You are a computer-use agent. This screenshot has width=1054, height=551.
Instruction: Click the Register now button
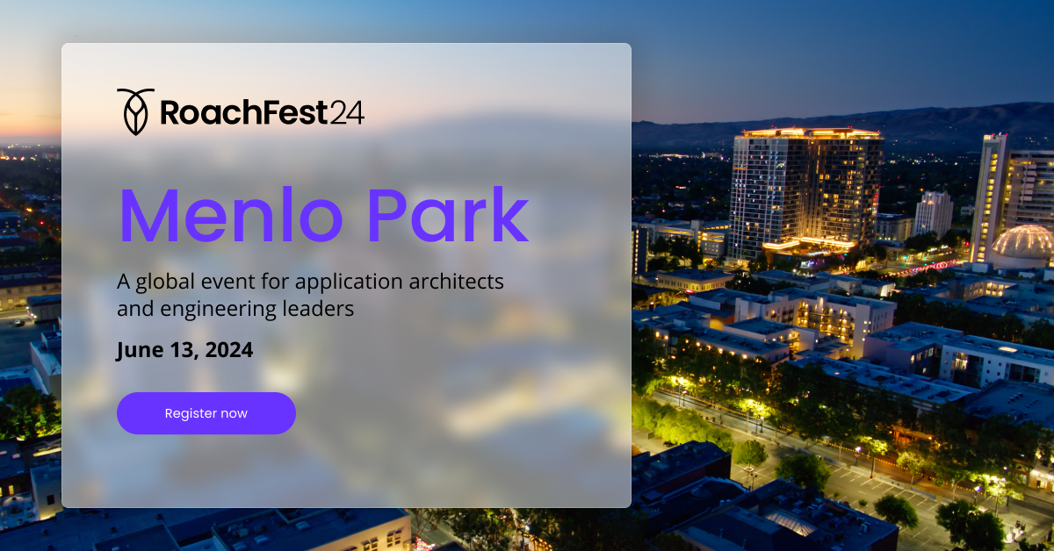click(206, 413)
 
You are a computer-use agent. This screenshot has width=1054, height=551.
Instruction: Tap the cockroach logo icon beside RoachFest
click(134, 111)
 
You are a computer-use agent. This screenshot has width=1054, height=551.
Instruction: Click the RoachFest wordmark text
click(243, 113)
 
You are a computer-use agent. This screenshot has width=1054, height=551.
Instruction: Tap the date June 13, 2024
click(184, 351)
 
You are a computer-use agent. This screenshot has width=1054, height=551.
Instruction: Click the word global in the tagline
click(162, 283)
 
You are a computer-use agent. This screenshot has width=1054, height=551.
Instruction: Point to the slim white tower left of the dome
click(989, 197)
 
